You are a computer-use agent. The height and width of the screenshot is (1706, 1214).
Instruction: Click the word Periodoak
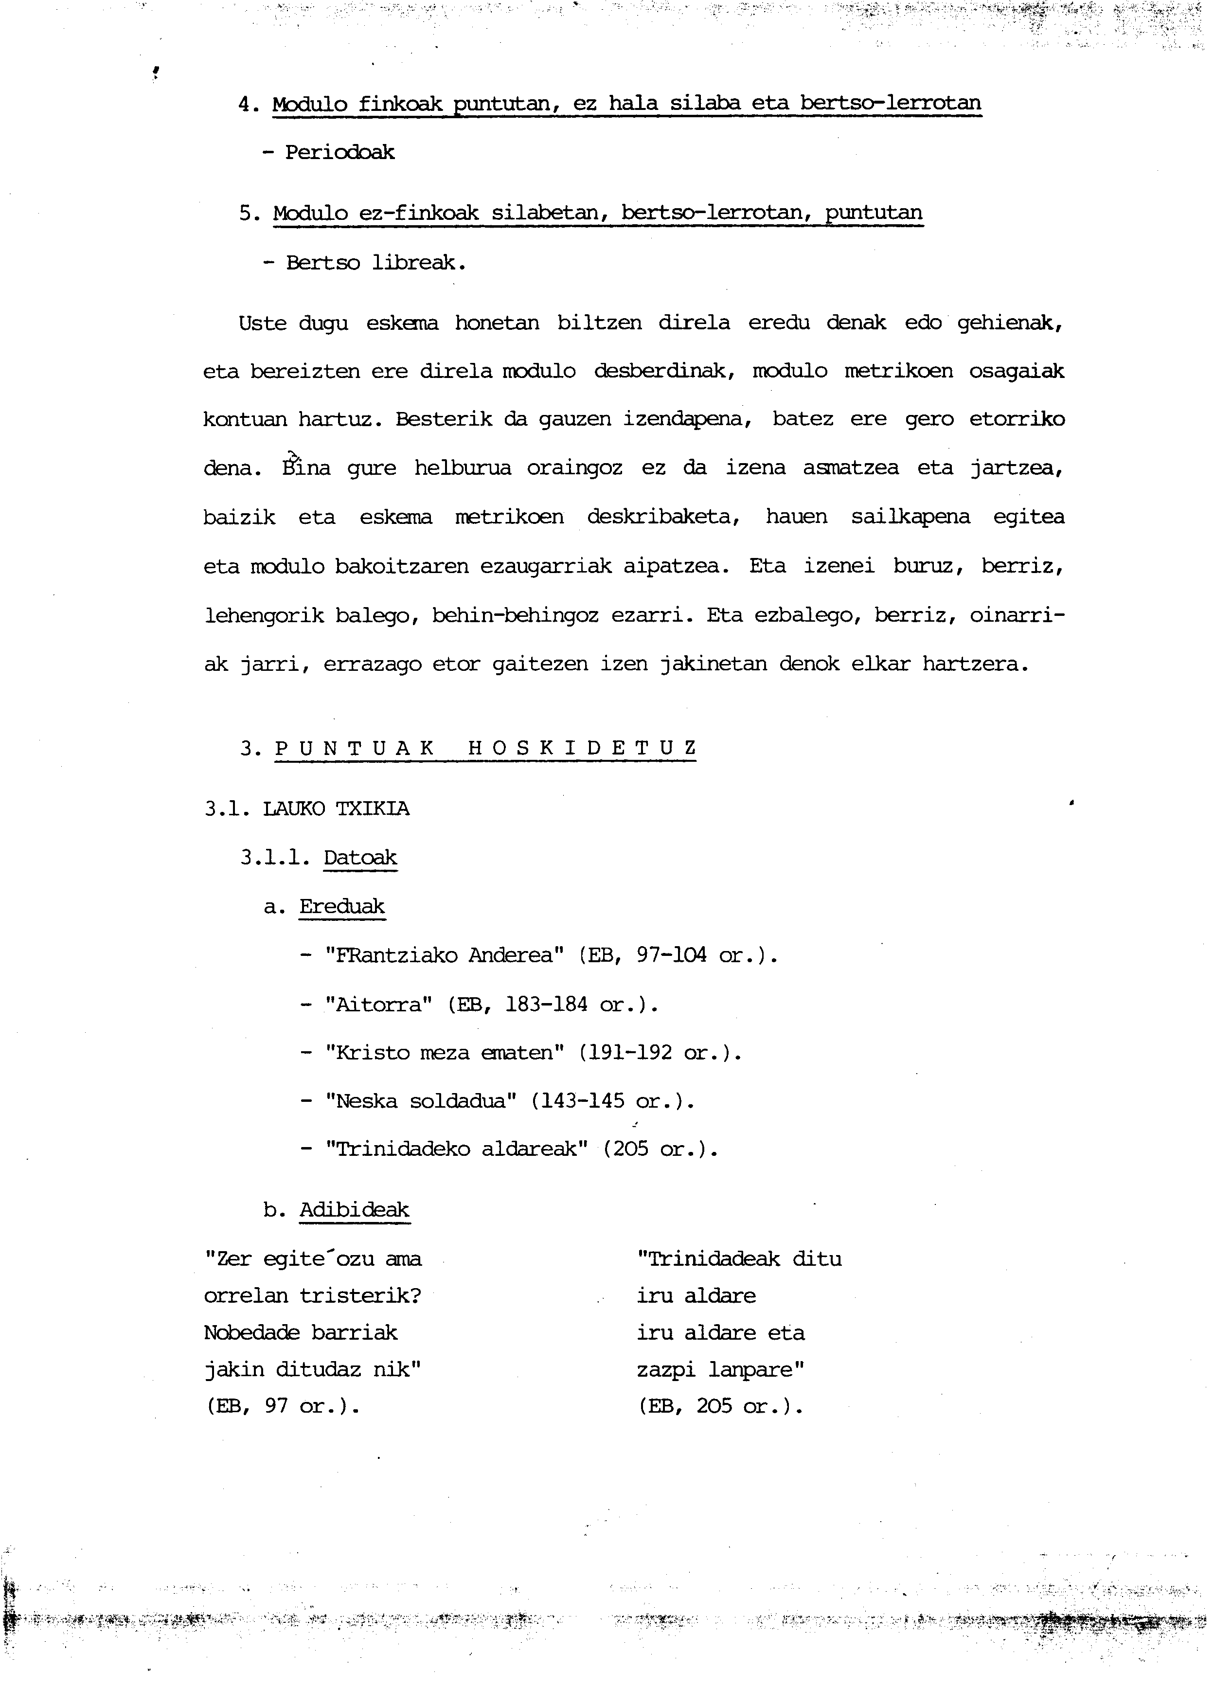[x=339, y=153]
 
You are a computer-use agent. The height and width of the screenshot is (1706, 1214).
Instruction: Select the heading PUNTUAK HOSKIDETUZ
[x=486, y=748]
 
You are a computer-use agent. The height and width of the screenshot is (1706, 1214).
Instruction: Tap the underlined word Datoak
[x=360, y=858]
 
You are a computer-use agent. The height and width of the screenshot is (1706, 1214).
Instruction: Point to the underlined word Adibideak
[x=355, y=1210]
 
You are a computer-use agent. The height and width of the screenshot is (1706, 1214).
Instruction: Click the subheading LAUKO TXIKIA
[x=337, y=809]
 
